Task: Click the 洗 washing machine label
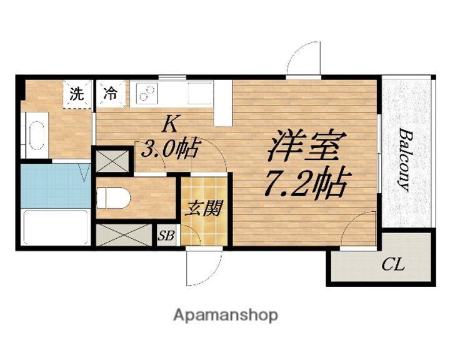click(76, 95)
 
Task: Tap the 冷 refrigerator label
click(110, 95)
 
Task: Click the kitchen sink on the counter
click(200, 94)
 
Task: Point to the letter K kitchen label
click(169, 124)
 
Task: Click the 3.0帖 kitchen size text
click(171, 149)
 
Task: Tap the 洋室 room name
click(304, 146)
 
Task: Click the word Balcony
click(405, 159)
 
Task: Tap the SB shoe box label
click(166, 236)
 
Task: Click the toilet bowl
click(114, 198)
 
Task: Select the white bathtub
click(55, 228)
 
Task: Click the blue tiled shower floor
click(55, 186)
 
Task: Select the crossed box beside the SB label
click(123, 235)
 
